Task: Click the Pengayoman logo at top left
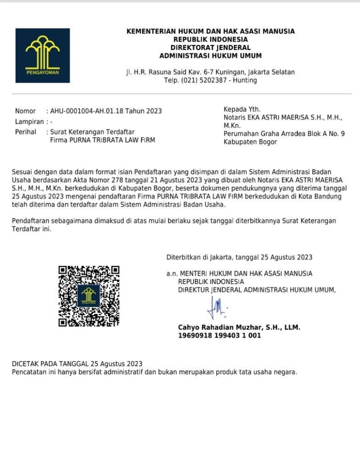(43, 56)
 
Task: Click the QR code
(89, 296)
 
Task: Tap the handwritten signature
(216, 307)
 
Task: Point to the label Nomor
(25, 111)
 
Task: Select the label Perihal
(26, 132)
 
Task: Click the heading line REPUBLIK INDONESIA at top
(210, 39)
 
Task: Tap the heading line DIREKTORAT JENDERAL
(210, 48)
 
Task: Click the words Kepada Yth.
(242, 109)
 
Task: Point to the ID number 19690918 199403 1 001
(219, 336)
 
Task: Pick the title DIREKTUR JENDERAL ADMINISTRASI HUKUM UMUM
(257, 290)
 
